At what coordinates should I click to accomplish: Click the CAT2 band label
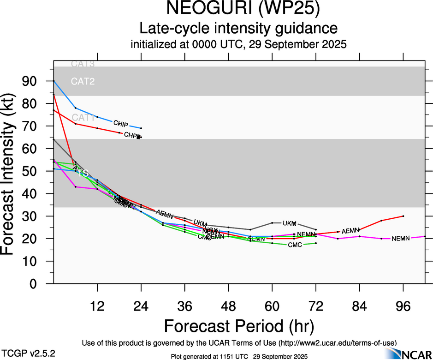(x=83, y=82)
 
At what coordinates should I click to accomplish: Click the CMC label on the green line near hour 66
(x=295, y=245)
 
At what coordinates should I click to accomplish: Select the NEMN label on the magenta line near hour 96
(x=400, y=239)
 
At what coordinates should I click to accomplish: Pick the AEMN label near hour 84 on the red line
(x=350, y=230)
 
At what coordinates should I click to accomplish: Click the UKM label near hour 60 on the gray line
(x=289, y=223)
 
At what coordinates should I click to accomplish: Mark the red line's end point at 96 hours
(x=403, y=216)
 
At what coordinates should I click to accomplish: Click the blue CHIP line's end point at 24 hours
(x=141, y=128)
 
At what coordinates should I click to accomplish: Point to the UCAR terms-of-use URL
(x=337, y=343)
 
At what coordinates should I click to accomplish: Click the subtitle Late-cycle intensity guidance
(x=239, y=28)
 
